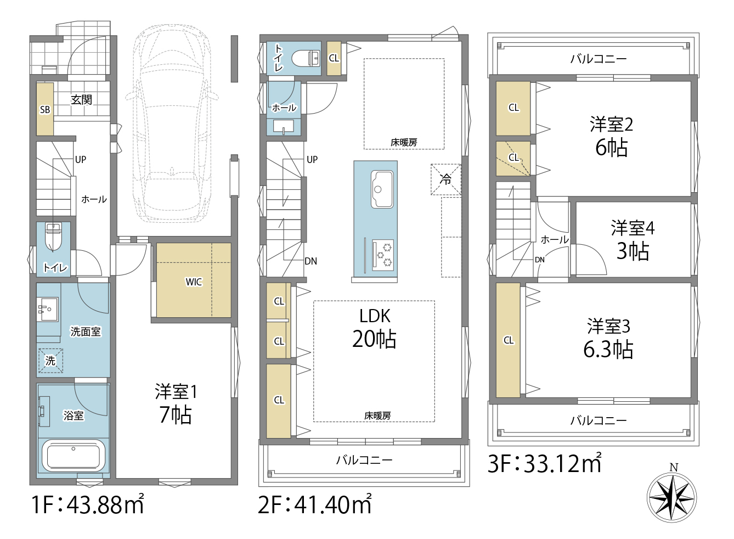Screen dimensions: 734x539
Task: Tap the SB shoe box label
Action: click(x=45, y=110)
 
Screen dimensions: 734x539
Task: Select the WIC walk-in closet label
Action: click(x=194, y=282)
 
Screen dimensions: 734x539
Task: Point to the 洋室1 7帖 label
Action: click(x=176, y=403)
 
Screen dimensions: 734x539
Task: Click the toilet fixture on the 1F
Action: click(x=53, y=237)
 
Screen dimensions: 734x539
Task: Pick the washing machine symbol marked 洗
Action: click(x=50, y=360)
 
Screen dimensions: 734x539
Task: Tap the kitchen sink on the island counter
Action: click(x=382, y=189)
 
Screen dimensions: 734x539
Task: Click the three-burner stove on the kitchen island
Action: click(x=383, y=255)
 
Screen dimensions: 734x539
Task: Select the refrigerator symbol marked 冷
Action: click(x=445, y=179)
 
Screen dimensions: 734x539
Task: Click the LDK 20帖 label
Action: click(x=375, y=328)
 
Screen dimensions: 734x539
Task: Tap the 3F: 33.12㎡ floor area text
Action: click(x=545, y=463)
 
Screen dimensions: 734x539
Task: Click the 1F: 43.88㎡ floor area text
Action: click(x=87, y=504)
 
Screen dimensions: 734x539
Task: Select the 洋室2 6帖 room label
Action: click(x=612, y=136)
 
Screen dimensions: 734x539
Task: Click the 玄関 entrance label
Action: click(x=81, y=99)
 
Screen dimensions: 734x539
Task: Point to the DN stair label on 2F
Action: click(x=310, y=261)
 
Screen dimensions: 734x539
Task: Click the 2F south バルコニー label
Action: click(x=364, y=461)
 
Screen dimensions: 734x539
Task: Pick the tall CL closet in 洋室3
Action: click(x=508, y=340)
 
